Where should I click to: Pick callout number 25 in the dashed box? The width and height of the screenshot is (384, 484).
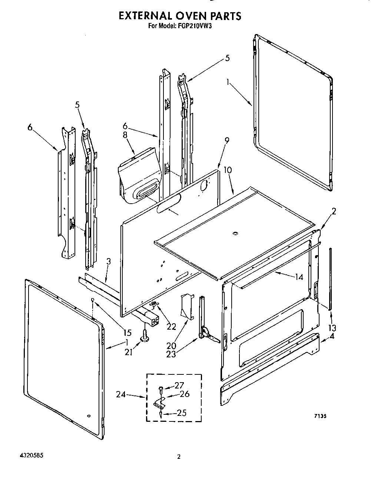tap(181, 413)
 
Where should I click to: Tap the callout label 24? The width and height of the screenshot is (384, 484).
tap(121, 395)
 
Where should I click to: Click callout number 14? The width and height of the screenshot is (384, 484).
tap(298, 277)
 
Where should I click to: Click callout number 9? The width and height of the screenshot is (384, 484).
tap(226, 140)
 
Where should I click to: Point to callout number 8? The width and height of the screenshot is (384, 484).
tap(125, 135)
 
